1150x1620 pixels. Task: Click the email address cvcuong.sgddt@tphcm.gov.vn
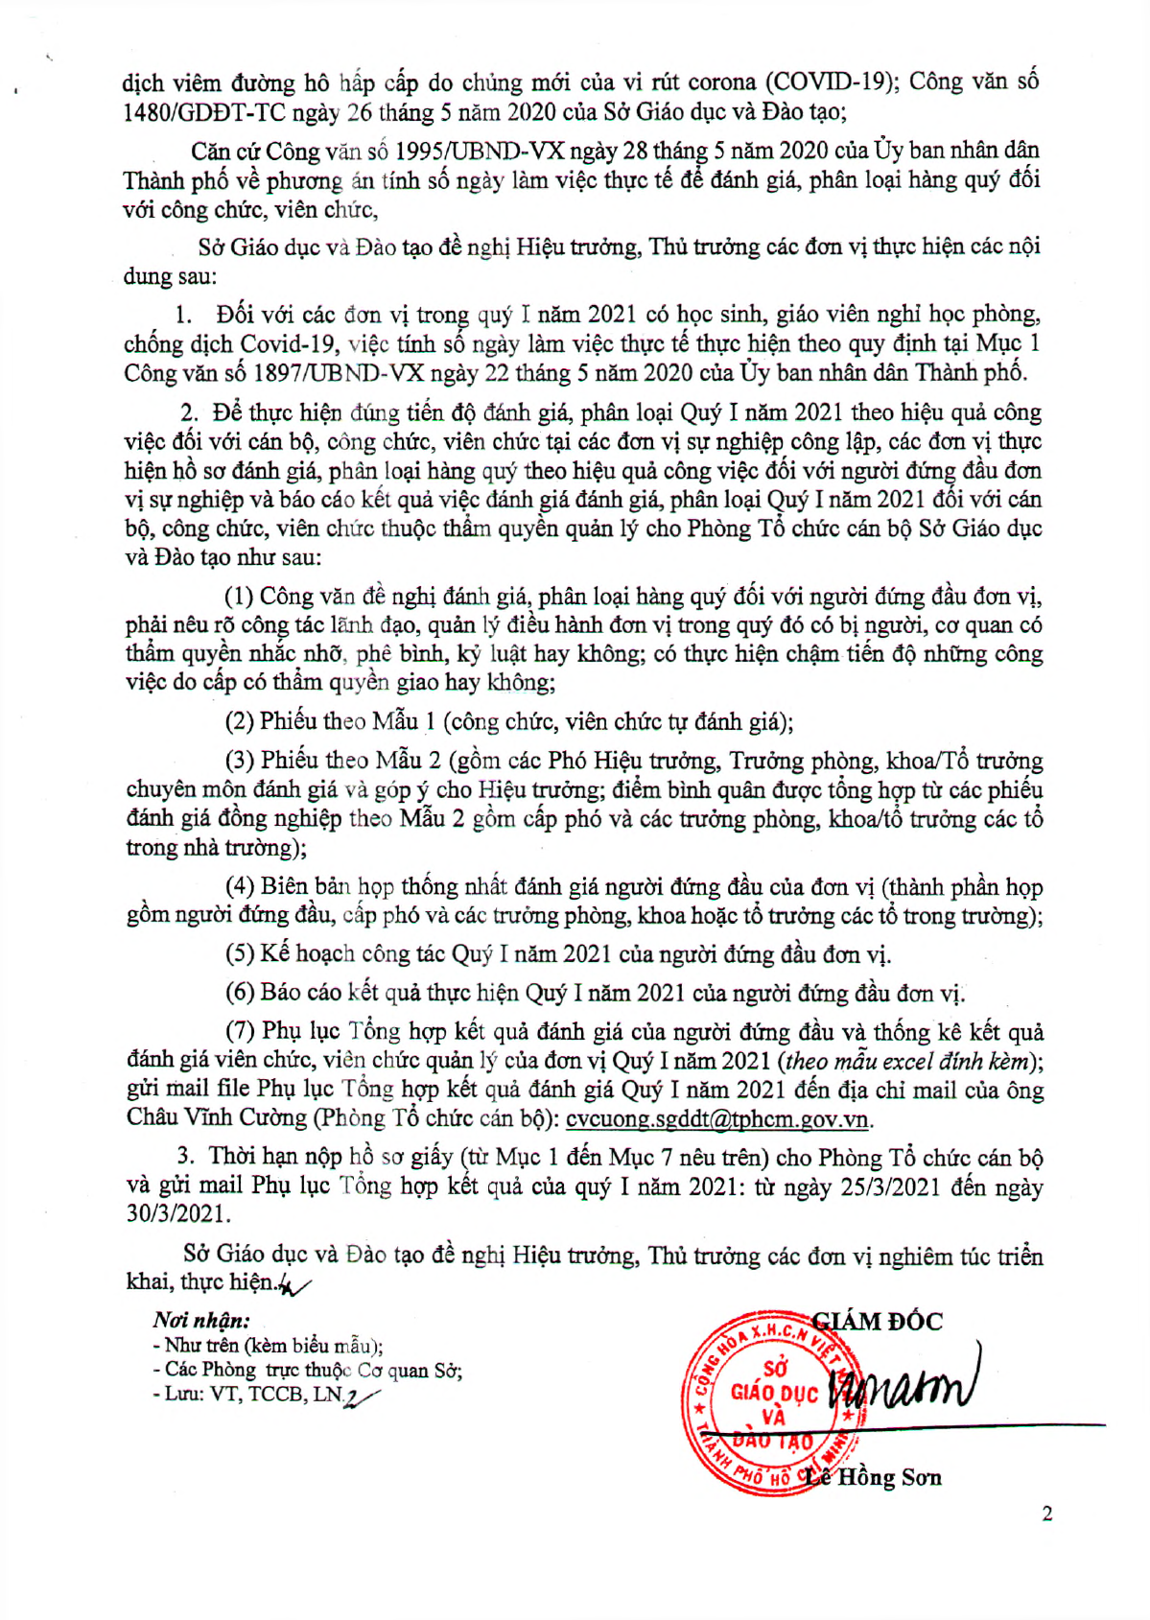click(717, 1119)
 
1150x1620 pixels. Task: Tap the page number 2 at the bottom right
click(1046, 1514)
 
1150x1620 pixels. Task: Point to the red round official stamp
click(763, 1402)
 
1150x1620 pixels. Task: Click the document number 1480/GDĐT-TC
click(204, 113)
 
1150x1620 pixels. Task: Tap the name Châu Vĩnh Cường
click(217, 1118)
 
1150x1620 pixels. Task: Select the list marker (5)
click(240, 954)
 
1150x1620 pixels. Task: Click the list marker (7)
click(240, 1031)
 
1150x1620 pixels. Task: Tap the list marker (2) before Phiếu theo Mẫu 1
click(240, 721)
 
